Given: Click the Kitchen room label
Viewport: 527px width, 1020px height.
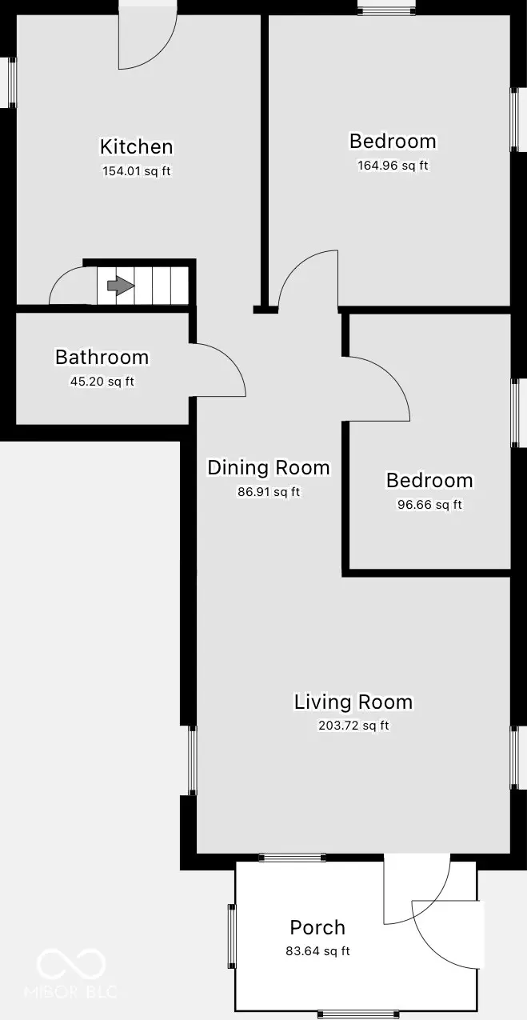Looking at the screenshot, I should coord(136,146).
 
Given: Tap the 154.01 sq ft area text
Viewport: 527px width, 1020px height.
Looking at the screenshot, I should coord(136,170).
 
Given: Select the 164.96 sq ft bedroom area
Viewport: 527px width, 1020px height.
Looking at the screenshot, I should coord(393,166).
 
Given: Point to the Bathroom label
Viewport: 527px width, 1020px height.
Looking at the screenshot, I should coord(102,357).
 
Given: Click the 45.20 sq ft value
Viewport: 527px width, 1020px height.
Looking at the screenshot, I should coord(102,382).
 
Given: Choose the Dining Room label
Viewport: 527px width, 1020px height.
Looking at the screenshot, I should coord(268,467).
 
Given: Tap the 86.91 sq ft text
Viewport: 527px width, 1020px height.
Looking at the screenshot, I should coord(268,492).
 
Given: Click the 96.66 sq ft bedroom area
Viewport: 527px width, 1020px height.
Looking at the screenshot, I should coord(429,505).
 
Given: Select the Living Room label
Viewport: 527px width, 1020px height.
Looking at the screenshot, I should coord(353,702).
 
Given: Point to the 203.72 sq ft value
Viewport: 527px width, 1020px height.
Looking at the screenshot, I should coord(353,726).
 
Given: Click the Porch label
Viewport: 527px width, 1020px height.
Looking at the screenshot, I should coord(317,927).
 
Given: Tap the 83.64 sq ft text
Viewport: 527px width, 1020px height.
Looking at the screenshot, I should coord(317,951).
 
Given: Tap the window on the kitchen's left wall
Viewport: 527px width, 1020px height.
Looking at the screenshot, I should coord(12,82).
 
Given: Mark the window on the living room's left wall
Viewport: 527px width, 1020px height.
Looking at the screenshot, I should coord(192,760).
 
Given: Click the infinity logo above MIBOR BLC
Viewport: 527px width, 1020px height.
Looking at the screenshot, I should coord(71,963).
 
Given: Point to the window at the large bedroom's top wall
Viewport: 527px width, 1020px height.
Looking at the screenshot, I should coord(386,10).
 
